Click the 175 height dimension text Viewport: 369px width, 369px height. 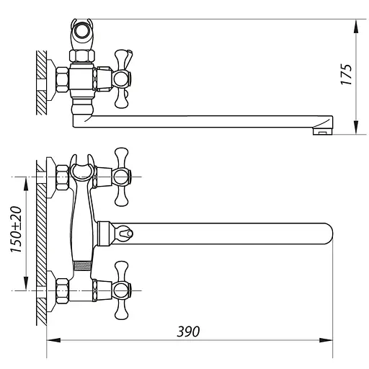(x=347, y=74)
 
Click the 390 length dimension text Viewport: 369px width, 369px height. (x=188, y=332)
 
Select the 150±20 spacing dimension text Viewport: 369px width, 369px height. (x=16, y=229)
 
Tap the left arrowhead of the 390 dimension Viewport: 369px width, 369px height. (x=53, y=340)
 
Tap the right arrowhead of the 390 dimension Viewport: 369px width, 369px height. (x=326, y=340)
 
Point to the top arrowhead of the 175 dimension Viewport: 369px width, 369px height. (x=356, y=27)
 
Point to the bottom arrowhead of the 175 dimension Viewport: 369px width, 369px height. (x=356, y=127)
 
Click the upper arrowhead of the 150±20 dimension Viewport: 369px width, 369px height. (x=26, y=184)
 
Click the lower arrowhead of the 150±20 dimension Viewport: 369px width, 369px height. (x=26, y=283)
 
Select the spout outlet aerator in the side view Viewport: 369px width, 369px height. (x=322, y=131)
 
